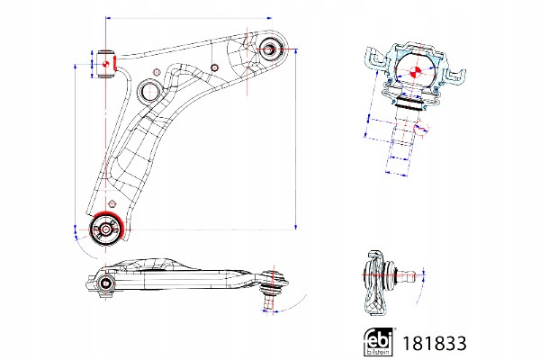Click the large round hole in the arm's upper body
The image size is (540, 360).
pyautogui.click(x=150, y=90)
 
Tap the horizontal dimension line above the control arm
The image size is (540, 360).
pyautogui.click(x=189, y=17)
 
